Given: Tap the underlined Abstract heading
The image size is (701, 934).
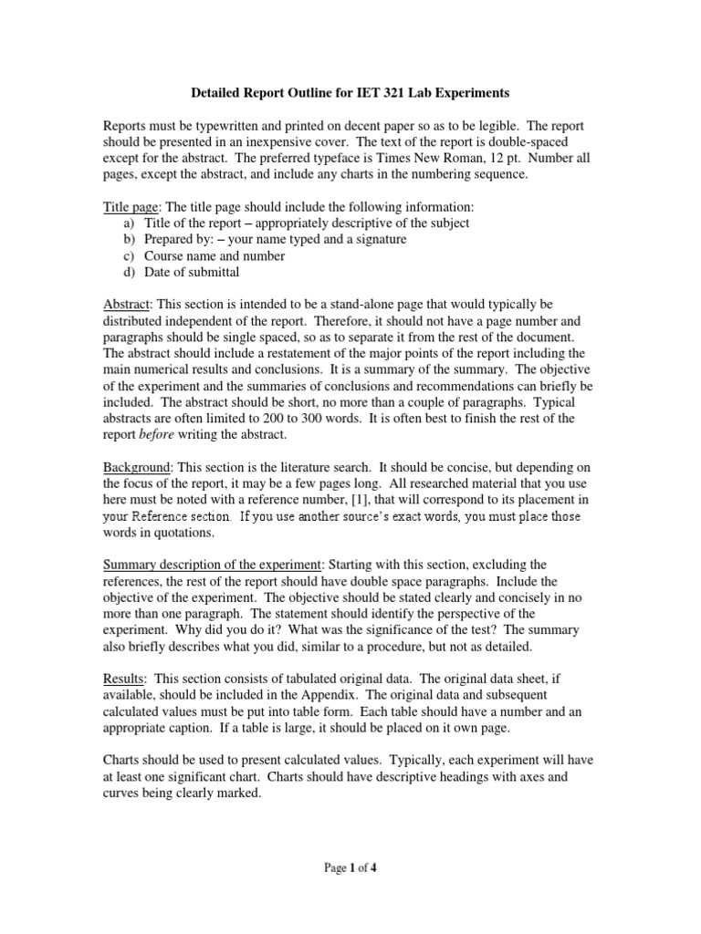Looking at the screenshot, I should pyautogui.click(x=126, y=304).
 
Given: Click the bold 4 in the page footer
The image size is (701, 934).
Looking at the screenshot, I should pyautogui.click(x=373, y=868).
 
